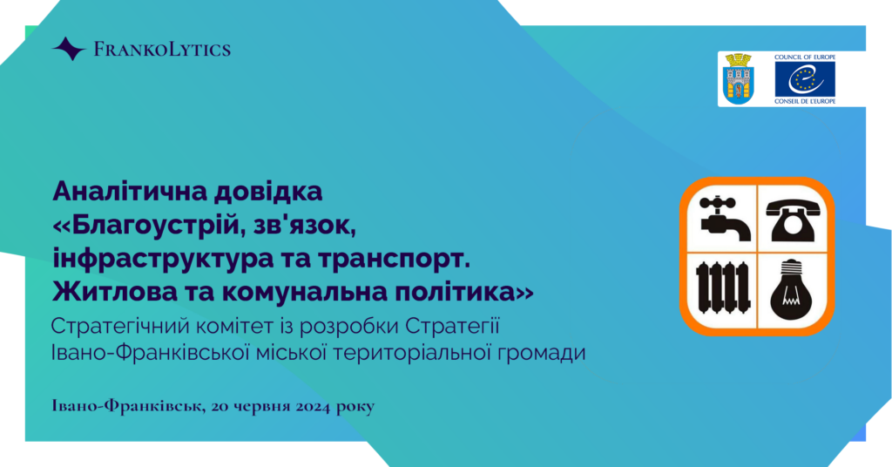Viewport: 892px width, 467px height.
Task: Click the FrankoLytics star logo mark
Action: click(70, 49)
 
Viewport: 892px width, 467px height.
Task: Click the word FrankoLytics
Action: click(162, 50)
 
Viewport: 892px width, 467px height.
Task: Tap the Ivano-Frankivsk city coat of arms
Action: click(739, 78)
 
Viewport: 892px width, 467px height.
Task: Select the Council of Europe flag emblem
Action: click(805, 79)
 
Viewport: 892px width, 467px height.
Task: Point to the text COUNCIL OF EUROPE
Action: click(805, 58)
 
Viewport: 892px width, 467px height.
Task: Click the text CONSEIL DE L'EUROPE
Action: click(805, 101)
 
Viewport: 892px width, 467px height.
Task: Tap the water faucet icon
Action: click(722, 219)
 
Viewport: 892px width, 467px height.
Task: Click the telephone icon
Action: click(793, 220)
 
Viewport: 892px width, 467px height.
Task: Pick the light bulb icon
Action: click(791, 289)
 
